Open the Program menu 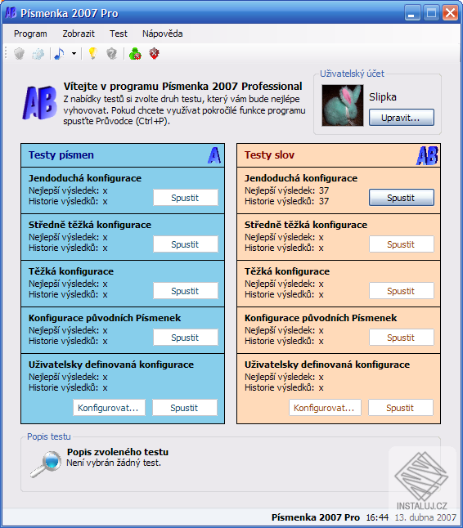click(x=30, y=34)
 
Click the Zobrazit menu click(x=79, y=34)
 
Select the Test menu click(x=119, y=34)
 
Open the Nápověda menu click(x=163, y=34)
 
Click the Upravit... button click(x=401, y=118)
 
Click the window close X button click(x=450, y=12)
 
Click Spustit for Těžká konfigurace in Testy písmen click(x=185, y=291)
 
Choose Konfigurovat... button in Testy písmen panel click(x=110, y=408)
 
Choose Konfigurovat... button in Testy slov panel click(x=326, y=408)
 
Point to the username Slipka click(x=383, y=96)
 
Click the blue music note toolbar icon click(x=59, y=54)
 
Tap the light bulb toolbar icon click(x=92, y=54)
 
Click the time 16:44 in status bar click(x=377, y=517)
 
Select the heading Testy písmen click(x=61, y=154)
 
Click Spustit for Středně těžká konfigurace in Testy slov click(x=401, y=244)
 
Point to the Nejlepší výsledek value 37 click(x=324, y=190)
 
